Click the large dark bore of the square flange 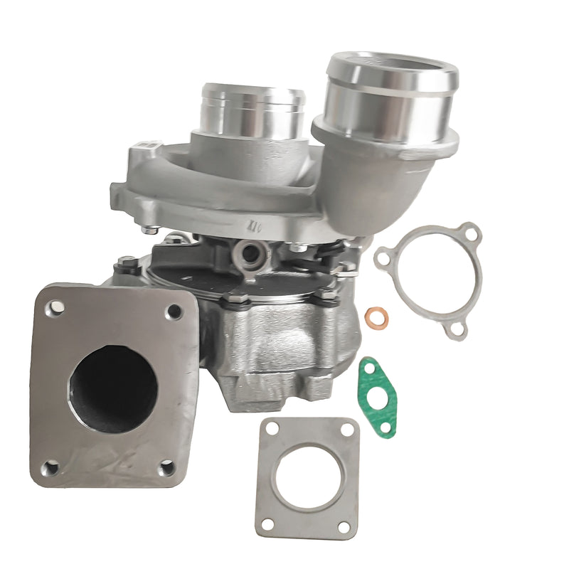point(112,388)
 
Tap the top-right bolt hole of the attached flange point(173,311)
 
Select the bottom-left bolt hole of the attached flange point(50,467)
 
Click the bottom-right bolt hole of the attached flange point(166,467)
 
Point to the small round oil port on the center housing point(252,250)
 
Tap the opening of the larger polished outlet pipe point(391,71)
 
